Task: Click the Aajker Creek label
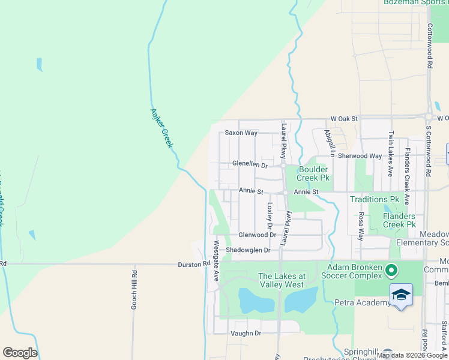(x=161, y=128)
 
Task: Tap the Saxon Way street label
(x=241, y=133)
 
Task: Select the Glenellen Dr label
(x=250, y=164)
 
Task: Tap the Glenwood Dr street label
(x=257, y=235)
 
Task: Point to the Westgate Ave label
(x=217, y=261)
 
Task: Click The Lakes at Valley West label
(x=282, y=281)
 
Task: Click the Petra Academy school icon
(x=401, y=295)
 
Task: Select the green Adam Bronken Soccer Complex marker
(x=391, y=271)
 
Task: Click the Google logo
(x=20, y=353)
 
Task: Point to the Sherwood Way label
(x=360, y=156)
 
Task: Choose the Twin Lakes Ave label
(x=390, y=154)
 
